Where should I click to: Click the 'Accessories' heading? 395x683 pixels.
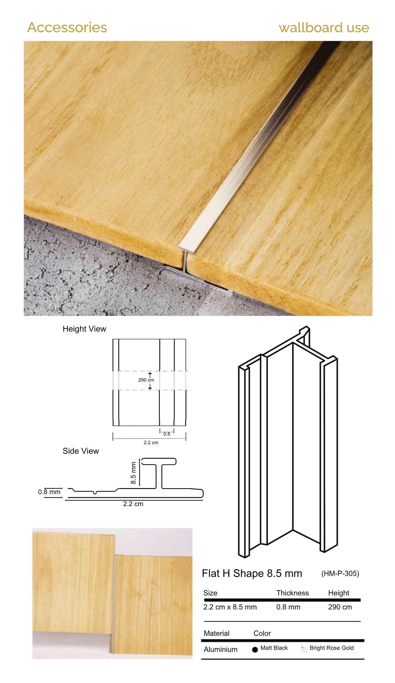click(67, 27)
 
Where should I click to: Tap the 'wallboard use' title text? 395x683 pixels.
click(324, 27)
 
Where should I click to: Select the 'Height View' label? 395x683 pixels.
click(84, 329)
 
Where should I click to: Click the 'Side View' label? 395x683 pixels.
click(80, 451)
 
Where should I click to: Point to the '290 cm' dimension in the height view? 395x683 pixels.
click(146, 380)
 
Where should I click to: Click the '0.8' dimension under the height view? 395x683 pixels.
click(167, 434)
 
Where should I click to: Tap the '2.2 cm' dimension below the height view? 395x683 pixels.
click(151, 442)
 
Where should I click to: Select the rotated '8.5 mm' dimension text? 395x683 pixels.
click(133, 473)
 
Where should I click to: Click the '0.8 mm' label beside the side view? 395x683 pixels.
click(49, 492)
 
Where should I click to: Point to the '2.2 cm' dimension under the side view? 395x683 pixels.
click(133, 504)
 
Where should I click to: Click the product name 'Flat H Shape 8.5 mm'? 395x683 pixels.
click(252, 574)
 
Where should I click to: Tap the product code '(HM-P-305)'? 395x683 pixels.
click(340, 574)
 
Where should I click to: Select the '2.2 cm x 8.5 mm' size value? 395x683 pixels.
click(230, 607)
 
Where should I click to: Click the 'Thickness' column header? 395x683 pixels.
click(293, 593)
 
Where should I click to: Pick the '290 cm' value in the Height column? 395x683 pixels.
click(340, 607)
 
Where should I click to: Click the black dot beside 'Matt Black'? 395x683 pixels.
click(255, 649)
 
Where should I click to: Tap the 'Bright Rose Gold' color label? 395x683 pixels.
click(332, 648)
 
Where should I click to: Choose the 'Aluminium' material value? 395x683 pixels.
click(220, 649)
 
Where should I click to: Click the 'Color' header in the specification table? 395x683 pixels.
click(262, 633)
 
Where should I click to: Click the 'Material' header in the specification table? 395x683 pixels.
click(217, 633)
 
